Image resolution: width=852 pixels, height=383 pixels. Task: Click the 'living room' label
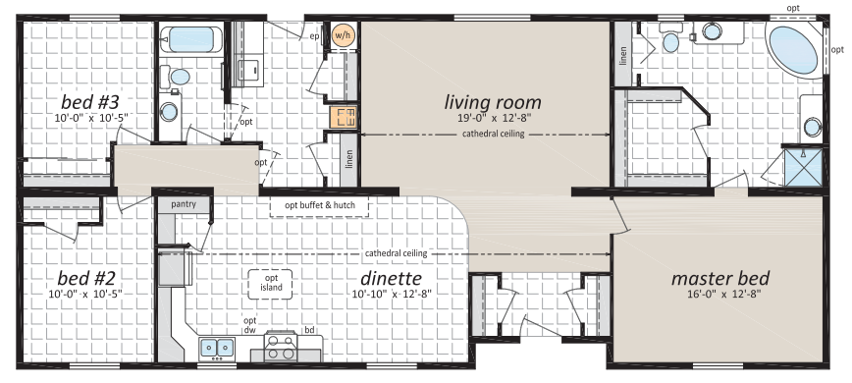[493, 101]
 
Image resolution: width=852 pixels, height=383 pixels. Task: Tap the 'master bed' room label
[719, 278]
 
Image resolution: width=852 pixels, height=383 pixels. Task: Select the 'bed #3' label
[89, 101]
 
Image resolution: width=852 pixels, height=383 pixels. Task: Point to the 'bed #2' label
[86, 279]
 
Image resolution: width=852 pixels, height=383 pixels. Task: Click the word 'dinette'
[391, 278]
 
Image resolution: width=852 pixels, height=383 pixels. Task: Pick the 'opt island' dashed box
[271, 284]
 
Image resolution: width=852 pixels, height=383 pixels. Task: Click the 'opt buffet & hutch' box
[320, 206]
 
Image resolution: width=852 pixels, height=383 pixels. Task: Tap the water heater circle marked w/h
[343, 36]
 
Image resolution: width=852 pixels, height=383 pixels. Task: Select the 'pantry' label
[184, 204]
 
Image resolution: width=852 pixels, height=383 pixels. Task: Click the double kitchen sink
[217, 347]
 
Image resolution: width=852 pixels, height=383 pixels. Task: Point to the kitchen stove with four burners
[281, 346]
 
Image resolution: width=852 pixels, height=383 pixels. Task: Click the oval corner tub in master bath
[794, 50]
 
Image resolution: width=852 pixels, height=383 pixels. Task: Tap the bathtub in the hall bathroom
[190, 39]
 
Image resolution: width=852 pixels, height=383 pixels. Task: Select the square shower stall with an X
[804, 167]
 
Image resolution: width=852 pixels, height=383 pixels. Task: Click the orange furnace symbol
[343, 117]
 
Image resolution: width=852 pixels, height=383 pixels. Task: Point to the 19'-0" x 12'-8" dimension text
[493, 117]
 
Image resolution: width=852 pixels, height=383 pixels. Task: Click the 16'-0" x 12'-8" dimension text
[719, 294]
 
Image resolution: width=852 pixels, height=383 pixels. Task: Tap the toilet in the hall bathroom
[176, 76]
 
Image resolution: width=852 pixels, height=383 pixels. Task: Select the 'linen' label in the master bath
[623, 55]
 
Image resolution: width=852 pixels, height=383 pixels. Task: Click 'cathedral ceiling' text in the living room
[494, 134]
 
